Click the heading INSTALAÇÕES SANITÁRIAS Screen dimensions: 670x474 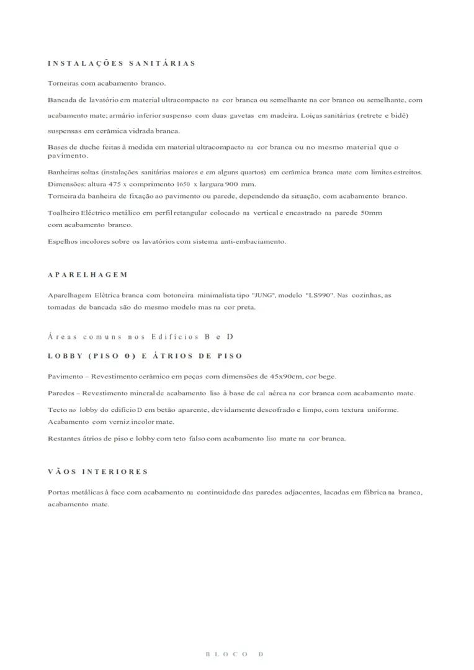(122, 63)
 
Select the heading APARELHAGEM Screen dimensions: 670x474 (88, 275)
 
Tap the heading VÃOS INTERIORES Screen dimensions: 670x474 (98, 472)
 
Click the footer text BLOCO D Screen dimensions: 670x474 (235, 654)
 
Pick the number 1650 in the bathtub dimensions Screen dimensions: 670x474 (182, 185)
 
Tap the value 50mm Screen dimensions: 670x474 (372, 213)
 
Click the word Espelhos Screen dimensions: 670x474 (62, 241)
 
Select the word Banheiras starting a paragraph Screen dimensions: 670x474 (63, 172)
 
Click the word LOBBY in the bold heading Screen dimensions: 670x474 (63, 356)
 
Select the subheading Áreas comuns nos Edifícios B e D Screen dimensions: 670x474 (140, 337)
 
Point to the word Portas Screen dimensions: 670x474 (59, 493)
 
